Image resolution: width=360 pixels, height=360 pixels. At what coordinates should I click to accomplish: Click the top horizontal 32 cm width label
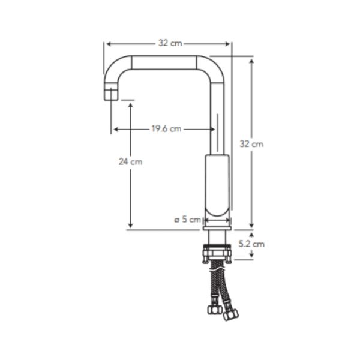[170, 43]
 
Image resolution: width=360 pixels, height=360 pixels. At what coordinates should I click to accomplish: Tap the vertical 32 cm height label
[251, 144]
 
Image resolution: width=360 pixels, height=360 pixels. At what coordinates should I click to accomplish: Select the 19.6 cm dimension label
[166, 128]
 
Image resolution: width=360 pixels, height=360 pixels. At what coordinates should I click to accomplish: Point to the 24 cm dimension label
[130, 161]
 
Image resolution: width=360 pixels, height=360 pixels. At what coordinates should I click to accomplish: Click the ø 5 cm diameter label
[188, 219]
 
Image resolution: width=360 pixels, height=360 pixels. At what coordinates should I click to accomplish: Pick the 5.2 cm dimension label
[251, 244]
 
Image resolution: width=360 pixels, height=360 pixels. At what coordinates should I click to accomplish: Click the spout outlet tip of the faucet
[111, 94]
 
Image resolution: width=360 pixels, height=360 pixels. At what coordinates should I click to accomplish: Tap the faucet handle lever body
[217, 185]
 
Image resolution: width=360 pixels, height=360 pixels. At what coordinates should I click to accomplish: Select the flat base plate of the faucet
[217, 228]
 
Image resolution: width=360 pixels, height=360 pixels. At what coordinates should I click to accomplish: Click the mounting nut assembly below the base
[217, 254]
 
